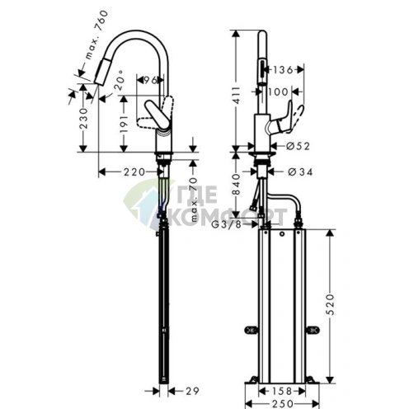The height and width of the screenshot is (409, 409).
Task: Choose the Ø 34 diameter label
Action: pos(299,172)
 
